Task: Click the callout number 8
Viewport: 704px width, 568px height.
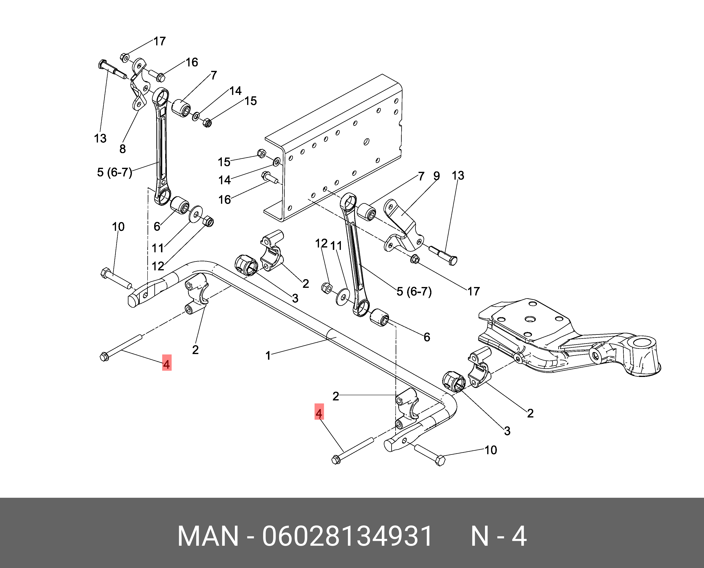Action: coord(122,149)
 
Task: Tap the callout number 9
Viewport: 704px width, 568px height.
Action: coord(437,176)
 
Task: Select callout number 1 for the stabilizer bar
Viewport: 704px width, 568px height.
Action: coord(268,355)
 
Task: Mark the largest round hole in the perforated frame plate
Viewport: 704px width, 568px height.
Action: coord(366,142)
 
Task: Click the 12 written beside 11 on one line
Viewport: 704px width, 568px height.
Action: coord(321,243)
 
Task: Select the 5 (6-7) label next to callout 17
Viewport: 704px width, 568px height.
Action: coord(414,291)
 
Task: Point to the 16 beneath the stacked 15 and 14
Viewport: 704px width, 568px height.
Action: coord(224,200)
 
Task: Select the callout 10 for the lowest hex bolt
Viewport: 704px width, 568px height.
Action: coord(491,450)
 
